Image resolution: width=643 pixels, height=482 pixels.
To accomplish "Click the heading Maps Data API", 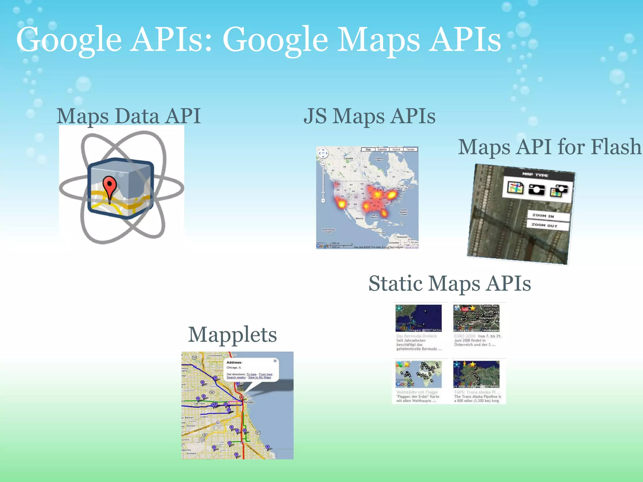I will point(128,116).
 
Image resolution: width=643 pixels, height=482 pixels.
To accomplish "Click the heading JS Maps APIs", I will point(369,116).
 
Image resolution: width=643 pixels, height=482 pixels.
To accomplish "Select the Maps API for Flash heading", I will point(549,147).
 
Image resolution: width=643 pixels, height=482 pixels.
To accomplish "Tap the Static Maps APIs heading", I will point(450,283).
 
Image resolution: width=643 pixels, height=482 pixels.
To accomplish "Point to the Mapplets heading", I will point(232,335).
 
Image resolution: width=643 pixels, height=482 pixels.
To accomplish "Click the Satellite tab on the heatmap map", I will point(382,149).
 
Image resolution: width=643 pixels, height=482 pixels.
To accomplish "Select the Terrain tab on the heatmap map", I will point(410,149).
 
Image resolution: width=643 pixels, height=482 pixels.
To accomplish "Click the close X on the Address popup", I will point(275,361).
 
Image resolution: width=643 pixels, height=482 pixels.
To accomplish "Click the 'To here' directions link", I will point(251,374).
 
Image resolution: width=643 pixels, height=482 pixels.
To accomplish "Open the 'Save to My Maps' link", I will point(260,378).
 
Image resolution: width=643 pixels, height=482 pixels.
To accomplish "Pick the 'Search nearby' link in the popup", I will point(236,378).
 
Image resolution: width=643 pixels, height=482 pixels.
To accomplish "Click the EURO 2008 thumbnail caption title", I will point(465,336).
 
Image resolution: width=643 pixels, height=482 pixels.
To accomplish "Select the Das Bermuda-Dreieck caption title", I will point(416,336).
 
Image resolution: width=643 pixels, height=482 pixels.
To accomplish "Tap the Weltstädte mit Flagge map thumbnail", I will point(419,374).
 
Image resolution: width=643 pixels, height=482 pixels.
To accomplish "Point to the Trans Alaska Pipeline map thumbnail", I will point(476,374).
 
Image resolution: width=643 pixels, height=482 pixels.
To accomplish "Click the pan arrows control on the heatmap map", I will point(323,153).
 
